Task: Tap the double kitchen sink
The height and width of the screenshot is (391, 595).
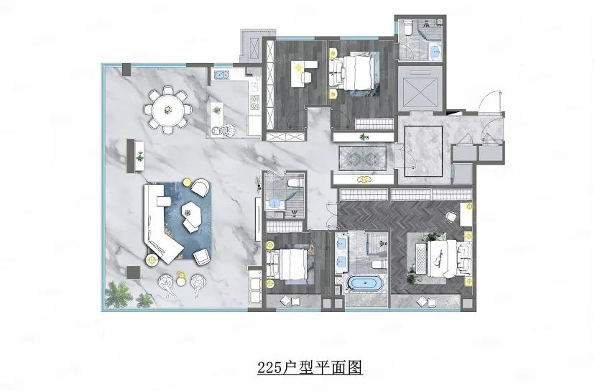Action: tap(220, 73)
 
